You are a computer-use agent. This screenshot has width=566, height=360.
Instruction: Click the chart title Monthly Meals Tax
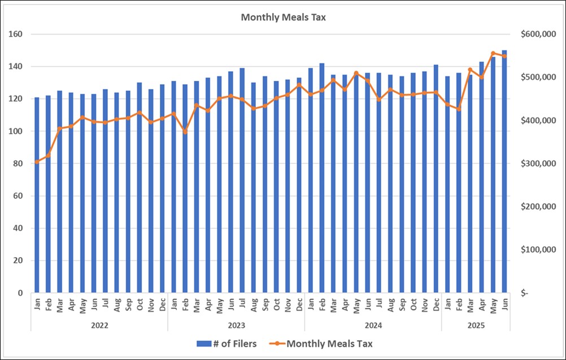pyautogui.click(x=283, y=17)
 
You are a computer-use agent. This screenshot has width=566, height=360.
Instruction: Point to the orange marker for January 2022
pyautogui.click(x=37, y=162)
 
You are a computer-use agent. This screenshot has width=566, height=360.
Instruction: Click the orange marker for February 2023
pyautogui.click(x=185, y=132)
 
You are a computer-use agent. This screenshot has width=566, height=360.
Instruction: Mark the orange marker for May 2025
pyautogui.click(x=493, y=53)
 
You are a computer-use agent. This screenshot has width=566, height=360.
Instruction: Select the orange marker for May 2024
pyautogui.click(x=356, y=73)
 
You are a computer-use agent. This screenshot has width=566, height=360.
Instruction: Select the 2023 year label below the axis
pyautogui.click(x=236, y=326)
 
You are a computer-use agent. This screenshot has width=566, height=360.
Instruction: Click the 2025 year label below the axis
pyautogui.click(x=476, y=326)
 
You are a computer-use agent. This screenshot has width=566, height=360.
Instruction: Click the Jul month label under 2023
pyautogui.click(x=242, y=305)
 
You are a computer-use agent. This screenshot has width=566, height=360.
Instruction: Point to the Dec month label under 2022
pyautogui.click(x=163, y=305)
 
